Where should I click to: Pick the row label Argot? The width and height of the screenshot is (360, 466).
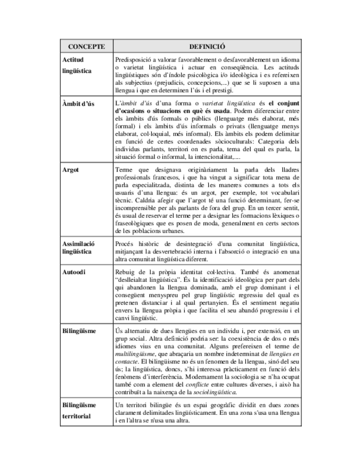[x=71, y=169]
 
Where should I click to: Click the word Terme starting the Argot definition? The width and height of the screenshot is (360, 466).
[x=126, y=169]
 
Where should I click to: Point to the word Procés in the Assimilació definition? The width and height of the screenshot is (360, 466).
[x=126, y=243]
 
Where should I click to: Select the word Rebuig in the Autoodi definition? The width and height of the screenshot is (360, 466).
[x=127, y=271]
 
